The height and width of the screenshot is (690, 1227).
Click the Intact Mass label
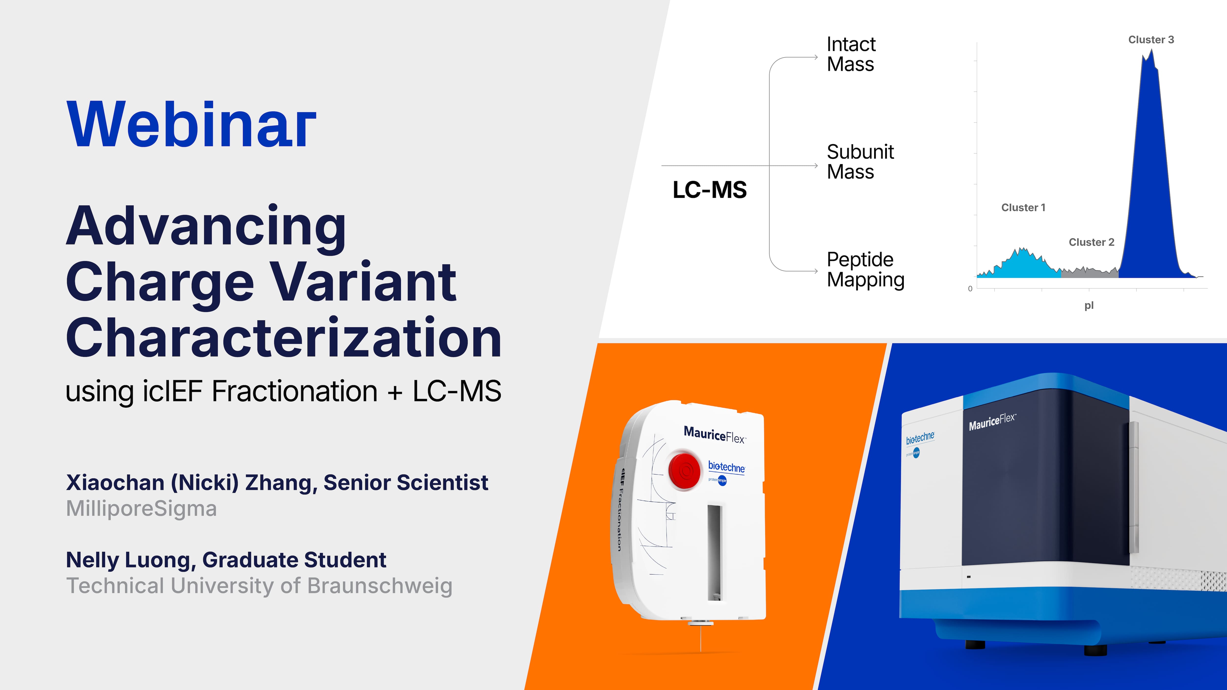click(851, 54)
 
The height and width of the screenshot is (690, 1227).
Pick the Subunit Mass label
click(860, 162)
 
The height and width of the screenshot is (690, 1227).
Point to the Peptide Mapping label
click(865, 270)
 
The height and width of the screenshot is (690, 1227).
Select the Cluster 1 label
click(1023, 208)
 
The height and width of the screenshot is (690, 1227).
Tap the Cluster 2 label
click(1091, 242)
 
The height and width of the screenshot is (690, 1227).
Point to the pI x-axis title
click(1089, 306)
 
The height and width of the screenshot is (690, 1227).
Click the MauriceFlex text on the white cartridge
click(714, 435)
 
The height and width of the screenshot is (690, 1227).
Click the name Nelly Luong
click(128, 560)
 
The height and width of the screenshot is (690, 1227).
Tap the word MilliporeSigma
click(141, 508)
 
